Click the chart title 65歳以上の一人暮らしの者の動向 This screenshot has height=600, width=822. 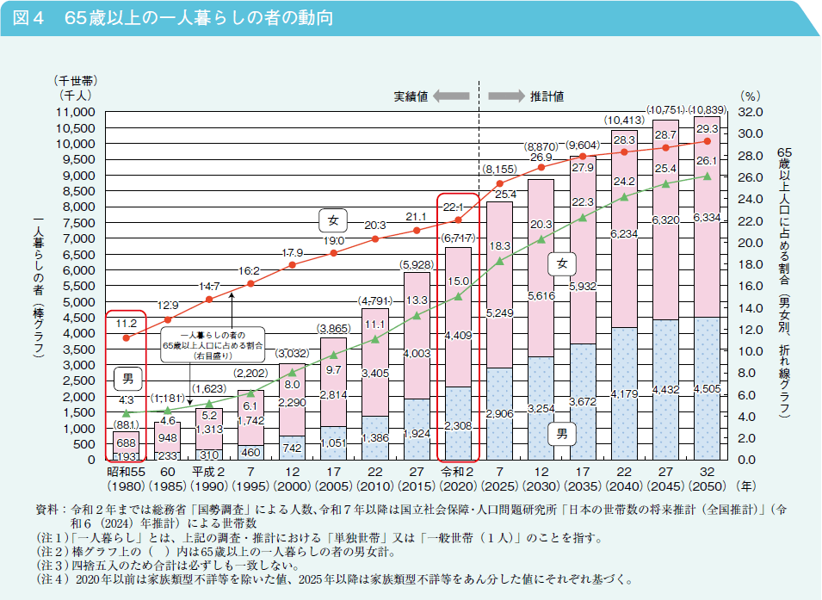tap(198, 18)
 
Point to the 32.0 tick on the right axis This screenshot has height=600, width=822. tap(750, 113)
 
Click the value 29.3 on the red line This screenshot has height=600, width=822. tap(707, 127)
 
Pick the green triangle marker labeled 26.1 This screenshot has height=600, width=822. tap(708, 176)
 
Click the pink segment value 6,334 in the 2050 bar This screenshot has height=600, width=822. tap(707, 218)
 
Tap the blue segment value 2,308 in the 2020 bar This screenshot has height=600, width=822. tap(458, 424)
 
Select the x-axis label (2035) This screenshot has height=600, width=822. tap(583, 487)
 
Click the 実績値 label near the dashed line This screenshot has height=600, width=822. tap(411, 96)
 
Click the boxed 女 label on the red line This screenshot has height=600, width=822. tap(333, 220)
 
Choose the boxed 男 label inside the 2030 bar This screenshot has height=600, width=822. tap(562, 433)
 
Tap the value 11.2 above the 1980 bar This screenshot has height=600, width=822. tap(127, 323)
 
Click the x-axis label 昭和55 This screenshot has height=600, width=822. tap(125, 473)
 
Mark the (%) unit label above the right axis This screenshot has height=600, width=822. tap(750, 97)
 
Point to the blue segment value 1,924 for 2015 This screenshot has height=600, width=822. tap(417, 433)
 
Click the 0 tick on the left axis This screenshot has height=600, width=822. tap(90, 461)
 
